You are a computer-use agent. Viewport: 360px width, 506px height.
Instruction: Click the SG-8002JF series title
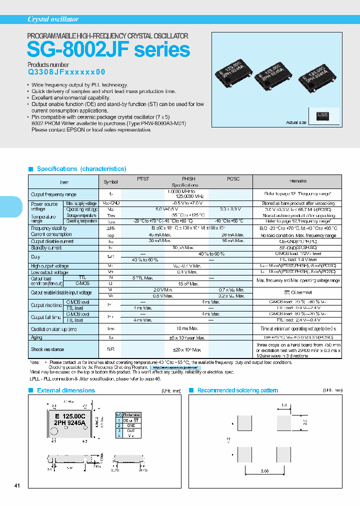coord(108,50)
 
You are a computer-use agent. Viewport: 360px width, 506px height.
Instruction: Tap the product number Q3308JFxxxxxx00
coord(66,72)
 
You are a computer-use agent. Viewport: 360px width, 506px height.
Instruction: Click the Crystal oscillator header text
coord(52,19)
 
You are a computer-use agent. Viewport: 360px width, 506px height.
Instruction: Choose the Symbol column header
coord(110,181)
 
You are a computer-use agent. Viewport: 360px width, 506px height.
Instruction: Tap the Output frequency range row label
coord(53,194)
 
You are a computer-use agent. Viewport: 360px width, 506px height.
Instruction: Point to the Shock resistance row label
coord(47,349)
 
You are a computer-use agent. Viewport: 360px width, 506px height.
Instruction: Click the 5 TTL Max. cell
coord(142,277)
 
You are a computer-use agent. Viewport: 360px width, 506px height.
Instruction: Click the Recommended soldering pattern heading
coord(237,390)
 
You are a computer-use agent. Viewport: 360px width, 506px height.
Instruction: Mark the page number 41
coord(17,485)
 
